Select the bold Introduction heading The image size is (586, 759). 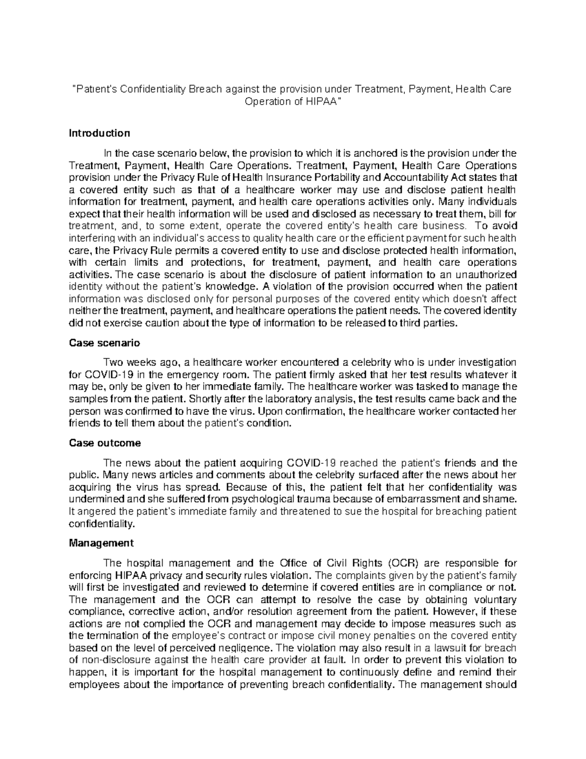click(x=100, y=133)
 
